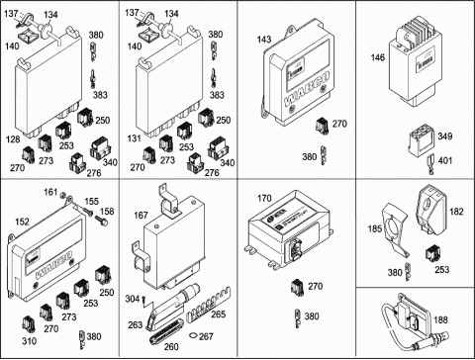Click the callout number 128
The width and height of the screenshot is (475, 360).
click(x=13, y=139)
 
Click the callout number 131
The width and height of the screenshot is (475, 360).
click(x=135, y=138)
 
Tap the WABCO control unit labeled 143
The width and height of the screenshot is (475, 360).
click(x=298, y=73)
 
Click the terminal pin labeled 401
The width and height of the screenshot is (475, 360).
click(x=431, y=164)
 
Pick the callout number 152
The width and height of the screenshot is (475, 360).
click(x=22, y=222)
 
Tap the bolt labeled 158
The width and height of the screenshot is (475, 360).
click(x=102, y=221)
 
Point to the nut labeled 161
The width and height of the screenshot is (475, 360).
click(x=63, y=196)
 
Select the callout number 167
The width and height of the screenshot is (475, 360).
click(x=141, y=216)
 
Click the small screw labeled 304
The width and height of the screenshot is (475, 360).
click(x=144, y=302)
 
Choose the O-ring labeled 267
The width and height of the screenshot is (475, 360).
click(x=193, y=336)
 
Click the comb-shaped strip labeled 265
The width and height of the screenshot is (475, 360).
click(x=209, y=304)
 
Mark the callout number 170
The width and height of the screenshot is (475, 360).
click(x=264, y=199)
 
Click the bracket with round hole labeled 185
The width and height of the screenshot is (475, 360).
click(x=395, y=230)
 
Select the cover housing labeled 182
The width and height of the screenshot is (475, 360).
click(x=431, y=210)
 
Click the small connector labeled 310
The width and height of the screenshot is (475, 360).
click(x=29, y=324)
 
